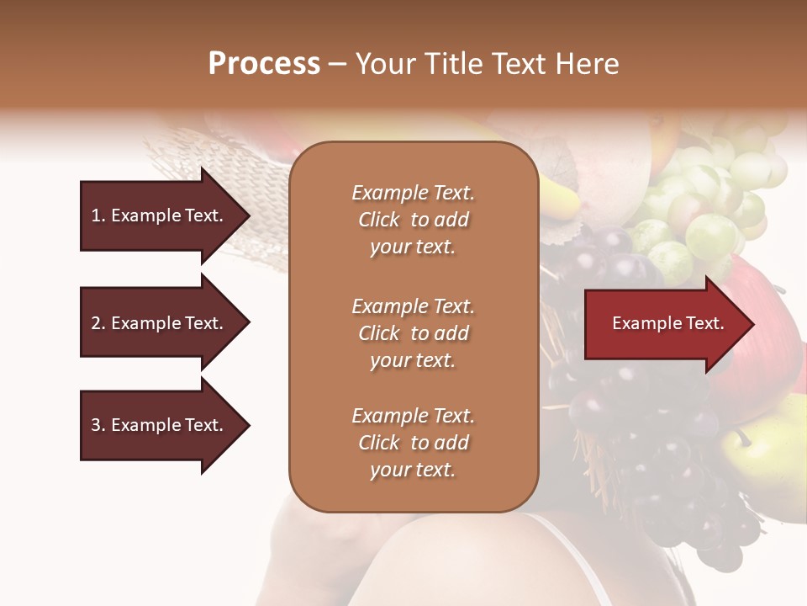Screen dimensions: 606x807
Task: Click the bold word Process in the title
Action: (264, 64)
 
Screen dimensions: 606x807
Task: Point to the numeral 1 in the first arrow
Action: (96, 215)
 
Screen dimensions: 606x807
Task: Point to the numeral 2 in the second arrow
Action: (96, 323)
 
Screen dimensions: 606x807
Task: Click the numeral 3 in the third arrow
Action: (96, 425)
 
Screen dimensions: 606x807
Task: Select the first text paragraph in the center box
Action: (413, 220)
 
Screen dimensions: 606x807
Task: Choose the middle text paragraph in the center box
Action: (413, 333)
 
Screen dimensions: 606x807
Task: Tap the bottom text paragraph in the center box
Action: (413, 443)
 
